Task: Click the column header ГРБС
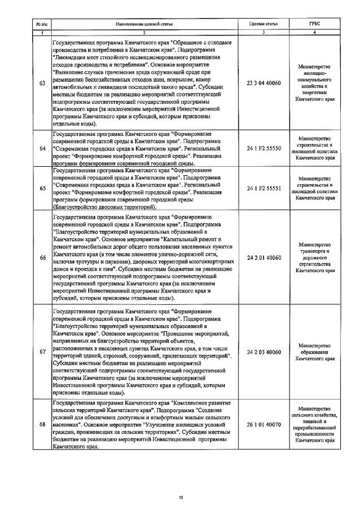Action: [x=315, y=25]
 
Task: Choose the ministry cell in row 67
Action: [x=315, y=352]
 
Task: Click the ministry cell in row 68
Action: [x=315, y=424]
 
